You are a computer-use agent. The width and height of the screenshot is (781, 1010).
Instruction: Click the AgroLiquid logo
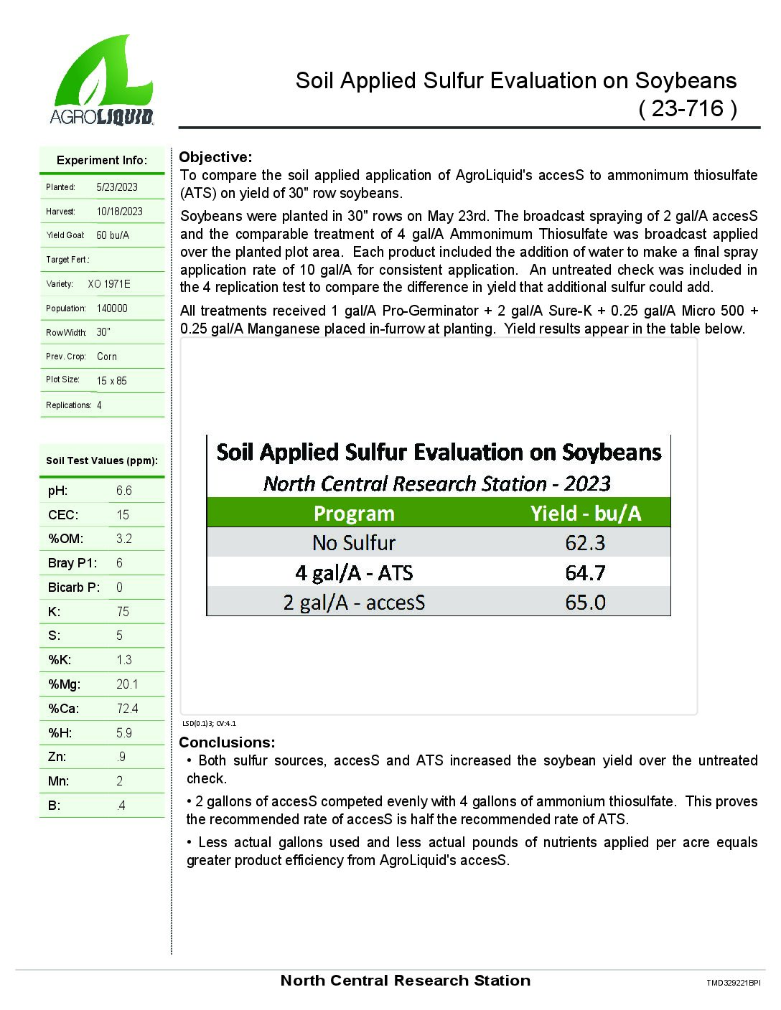click(x=102, y=81)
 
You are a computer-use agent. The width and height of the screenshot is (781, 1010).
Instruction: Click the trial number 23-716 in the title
click(x=687, y=108)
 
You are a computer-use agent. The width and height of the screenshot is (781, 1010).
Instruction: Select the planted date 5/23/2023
click(x=117, y=187)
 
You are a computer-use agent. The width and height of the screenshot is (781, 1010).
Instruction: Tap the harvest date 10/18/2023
click(x=119, y=212)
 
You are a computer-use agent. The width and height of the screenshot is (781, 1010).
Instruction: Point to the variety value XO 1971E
click(x=109, y=284)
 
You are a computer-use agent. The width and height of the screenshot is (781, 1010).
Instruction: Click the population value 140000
click(x=112, y=308)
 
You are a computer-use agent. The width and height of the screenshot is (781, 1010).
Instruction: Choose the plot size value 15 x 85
click(x=111, y=381)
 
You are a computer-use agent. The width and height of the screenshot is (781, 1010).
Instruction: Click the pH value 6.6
click(x=123, y=491)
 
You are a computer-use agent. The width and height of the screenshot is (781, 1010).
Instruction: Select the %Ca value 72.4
click(x=127, y=709)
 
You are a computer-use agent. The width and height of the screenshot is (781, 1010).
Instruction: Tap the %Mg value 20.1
click(x=127, y=684)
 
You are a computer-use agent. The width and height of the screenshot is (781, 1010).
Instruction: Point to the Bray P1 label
click(x=72, y=563)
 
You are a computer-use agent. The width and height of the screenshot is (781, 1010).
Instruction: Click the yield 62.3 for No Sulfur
click(x=585, y=543)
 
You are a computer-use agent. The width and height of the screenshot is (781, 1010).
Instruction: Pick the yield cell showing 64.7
click(x=585, y=573)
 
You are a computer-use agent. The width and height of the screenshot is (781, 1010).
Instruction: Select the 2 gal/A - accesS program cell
click(x=354, y=603)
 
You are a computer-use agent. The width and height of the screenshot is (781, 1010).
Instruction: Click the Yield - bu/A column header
click(x=585, y=514)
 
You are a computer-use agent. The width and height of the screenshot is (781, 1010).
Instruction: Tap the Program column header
click(x=354, y=514)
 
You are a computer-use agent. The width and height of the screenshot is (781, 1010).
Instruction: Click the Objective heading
click(x=215, y=157)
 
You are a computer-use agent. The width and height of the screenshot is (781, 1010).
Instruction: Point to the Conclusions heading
click(x=227, y=742)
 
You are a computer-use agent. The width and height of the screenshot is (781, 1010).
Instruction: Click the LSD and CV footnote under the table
click(x=209, y=724)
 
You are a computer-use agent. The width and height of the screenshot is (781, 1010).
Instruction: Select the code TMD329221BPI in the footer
click(x=733, y=983)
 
